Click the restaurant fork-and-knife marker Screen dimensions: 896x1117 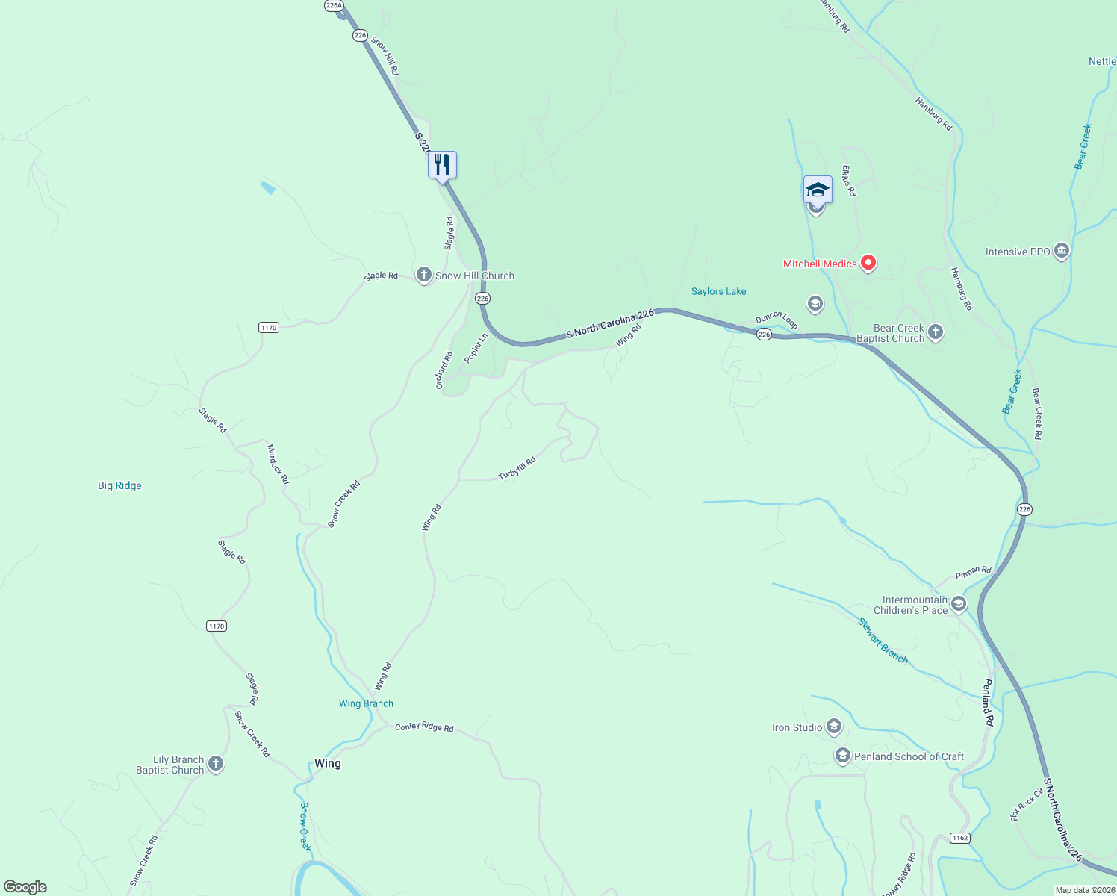coord(442,165)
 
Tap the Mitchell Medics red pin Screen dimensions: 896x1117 coord(868,263)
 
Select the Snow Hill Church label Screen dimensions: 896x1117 coord(474,276)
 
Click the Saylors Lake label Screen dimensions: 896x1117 coord(718,291)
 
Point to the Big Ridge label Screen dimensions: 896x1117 coord(119,485)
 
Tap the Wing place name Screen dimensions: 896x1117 coord(327,763)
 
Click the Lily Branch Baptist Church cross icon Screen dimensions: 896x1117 coord(216,764)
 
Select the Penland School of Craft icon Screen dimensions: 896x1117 coord(842,756)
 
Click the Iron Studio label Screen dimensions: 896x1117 coord(797,727)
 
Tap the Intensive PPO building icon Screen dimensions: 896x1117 coord(1062,252)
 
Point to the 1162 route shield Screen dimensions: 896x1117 coord(959,838)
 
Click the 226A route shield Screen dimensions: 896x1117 coord(334,5)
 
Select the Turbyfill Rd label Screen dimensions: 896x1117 coord(517,469)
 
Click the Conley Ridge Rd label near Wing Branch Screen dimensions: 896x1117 coord(424,727)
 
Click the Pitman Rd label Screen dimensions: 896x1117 coord(973,573)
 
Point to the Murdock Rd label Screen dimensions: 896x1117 coord(278,464)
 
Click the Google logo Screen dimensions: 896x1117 coord(25,887)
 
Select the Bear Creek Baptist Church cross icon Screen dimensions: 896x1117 coord(936,332)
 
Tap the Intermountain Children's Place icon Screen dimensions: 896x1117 coord(959,604)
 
